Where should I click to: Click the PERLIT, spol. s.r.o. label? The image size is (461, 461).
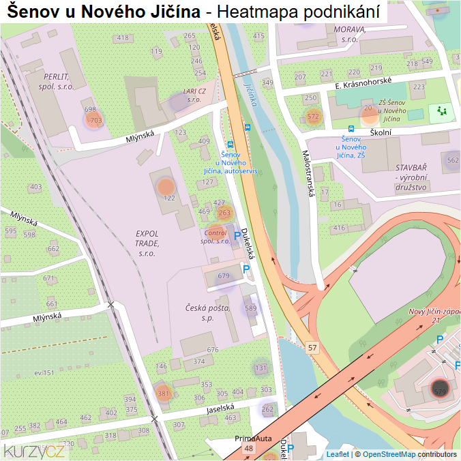56,82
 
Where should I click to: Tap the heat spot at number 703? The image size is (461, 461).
93,121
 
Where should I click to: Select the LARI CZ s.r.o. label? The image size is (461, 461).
194,95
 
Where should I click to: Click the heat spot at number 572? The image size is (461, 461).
313,117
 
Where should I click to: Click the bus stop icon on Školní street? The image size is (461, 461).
351,128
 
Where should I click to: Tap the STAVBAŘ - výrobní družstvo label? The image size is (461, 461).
411,177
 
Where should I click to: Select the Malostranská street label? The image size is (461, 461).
308,174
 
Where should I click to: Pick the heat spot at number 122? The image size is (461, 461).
166,186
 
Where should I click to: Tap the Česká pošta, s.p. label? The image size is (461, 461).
208,313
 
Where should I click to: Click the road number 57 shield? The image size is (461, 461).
312,348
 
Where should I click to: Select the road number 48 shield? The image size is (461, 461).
248,448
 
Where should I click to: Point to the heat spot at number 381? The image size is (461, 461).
163,393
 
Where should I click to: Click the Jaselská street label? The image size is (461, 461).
220,410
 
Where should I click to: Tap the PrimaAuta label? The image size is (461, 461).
254,438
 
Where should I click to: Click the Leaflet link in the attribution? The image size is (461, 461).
338,454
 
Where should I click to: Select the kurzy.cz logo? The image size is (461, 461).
34,451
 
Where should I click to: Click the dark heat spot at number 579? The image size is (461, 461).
439,391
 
